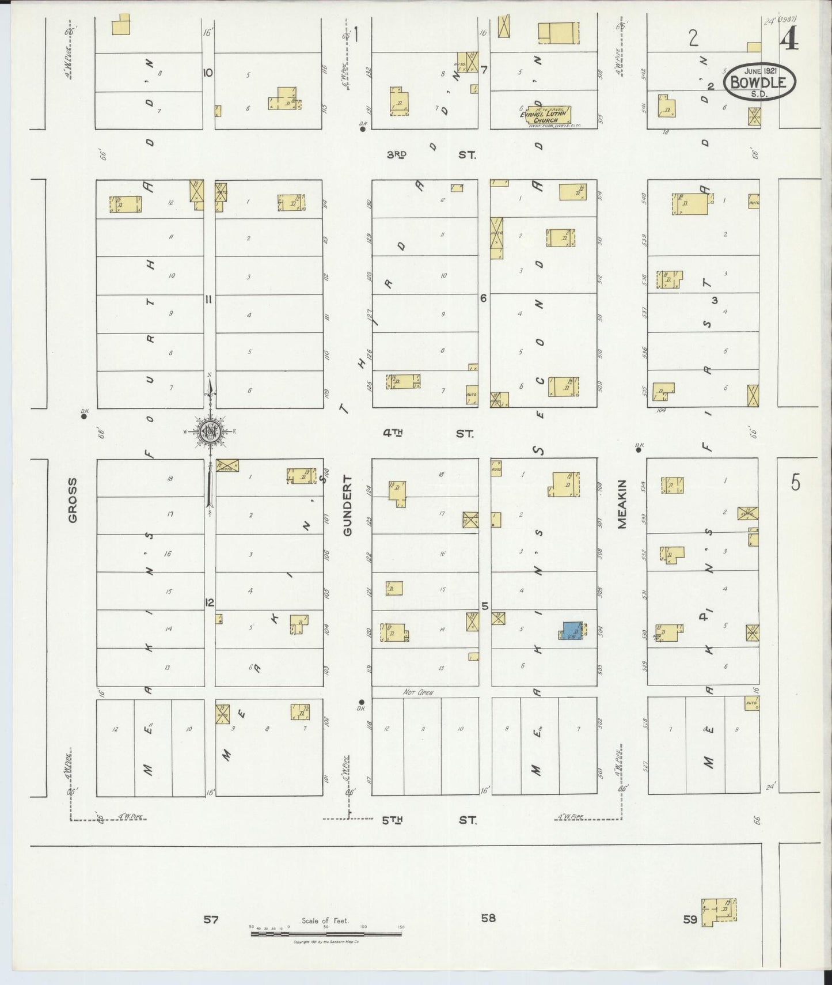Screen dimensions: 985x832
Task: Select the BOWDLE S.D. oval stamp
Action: pos(759,82)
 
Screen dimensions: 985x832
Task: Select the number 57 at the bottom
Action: pos(211,919)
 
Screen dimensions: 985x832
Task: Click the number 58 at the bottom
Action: pos(488,918)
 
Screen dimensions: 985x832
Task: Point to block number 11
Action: pos(209,299)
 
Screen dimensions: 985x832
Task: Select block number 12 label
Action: pos(210,603)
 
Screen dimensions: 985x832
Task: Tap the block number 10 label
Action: pos(208,73)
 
